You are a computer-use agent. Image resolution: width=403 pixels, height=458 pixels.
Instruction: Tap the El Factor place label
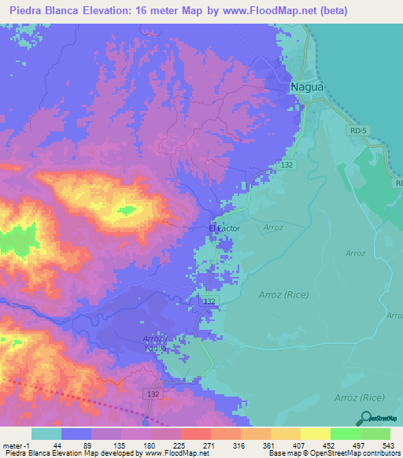pyautogui.click(x=224, y=228)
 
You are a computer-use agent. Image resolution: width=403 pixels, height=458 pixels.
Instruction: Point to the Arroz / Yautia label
pyautogui.click(x=156, y=342)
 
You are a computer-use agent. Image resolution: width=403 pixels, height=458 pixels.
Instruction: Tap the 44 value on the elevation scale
pyautogui.click(x=57, y=445)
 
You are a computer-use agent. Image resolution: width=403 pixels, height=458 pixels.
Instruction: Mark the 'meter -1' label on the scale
pyautogui.click(x=15, y=445)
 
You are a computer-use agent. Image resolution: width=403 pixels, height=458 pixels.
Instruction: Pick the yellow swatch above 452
pyautogui.click(x=316, y=434)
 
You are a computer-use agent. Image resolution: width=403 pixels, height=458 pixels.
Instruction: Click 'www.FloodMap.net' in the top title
pyautogui.click(x=259, y=10)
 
